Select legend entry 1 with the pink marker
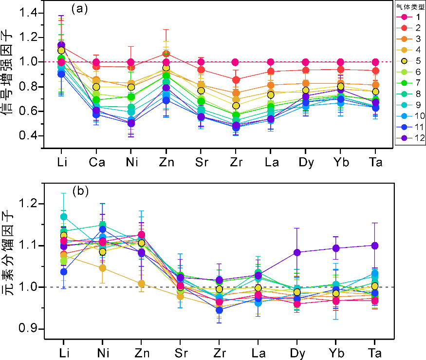[410, 17]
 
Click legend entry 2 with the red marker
[410, 28]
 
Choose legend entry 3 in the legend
[410, 39]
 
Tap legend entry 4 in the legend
[410, 50]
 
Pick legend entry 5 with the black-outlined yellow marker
[410, 61]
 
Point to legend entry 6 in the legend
[410, 72]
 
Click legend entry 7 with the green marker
[410, 83]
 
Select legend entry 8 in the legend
[410, 94]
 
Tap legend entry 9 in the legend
[410, 105]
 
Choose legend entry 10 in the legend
[410, 115]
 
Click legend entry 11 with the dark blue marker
[410, 127]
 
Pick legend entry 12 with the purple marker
[410, 137]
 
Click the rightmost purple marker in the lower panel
[375, 246]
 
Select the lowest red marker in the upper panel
[236, 79]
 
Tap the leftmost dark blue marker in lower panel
[64, 272]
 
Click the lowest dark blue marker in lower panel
[219, 310]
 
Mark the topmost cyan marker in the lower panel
[64, 217]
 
